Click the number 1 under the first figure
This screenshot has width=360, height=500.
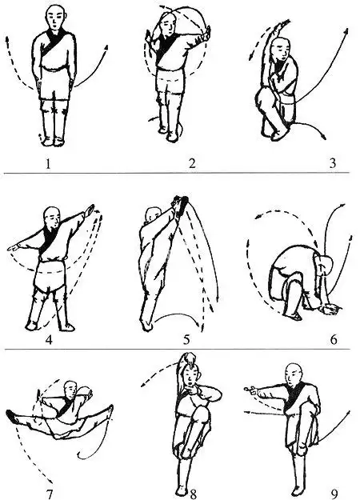[54, 165]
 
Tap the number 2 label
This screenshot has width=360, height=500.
[191, 165]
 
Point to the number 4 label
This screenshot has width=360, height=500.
[50, 339]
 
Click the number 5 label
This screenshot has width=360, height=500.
[186, 339]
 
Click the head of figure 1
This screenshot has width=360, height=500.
[54, 16]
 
